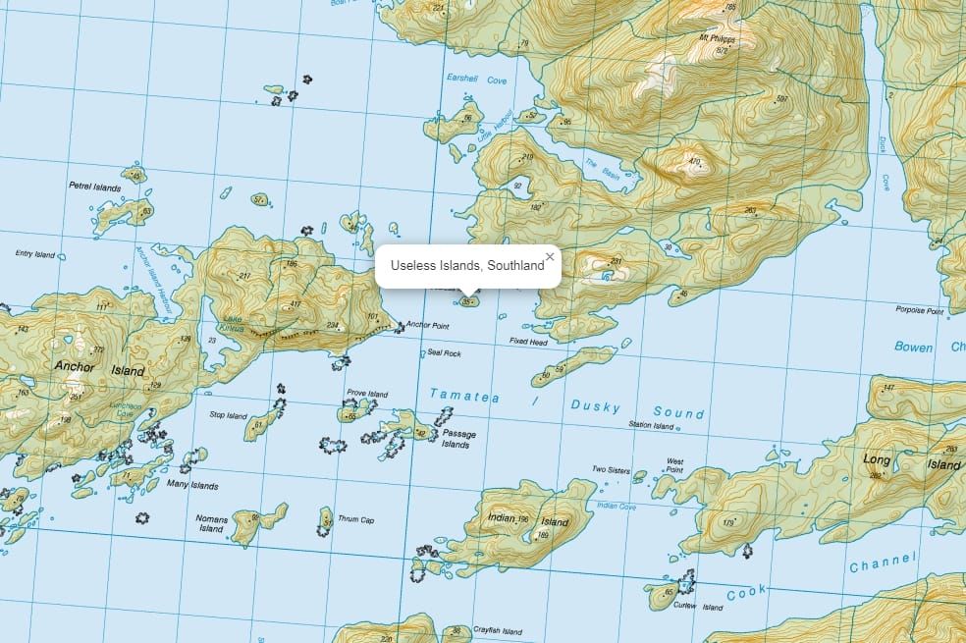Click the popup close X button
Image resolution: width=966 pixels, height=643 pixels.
tap(550, 257)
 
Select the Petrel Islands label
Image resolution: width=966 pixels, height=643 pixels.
tap(94, 186)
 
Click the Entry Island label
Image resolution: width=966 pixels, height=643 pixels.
tap(35, 254)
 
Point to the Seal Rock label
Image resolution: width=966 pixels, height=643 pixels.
tap(444, 353)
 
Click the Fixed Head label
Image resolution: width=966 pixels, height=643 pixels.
tap(528, 342)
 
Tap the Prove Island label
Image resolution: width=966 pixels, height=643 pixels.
tap(367, 394)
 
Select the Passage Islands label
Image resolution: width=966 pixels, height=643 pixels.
tap(459, 439)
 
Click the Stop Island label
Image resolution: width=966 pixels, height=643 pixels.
tap(228, 415)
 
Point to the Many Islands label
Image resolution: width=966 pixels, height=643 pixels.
tap(192, 485)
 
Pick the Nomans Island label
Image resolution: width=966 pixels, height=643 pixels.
tap(212, 523)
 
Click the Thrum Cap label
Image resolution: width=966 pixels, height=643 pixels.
tap(356, 519)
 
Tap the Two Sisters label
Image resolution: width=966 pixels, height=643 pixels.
tap(611, 469)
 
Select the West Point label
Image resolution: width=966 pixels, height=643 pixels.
tap(675, 465)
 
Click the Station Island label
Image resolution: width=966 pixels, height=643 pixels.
tap(652, 426)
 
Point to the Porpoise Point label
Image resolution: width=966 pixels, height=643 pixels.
tap(919, 311)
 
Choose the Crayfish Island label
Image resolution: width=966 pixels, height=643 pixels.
tap(498, 630)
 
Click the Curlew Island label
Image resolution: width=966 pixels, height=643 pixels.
tap(698, 607)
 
